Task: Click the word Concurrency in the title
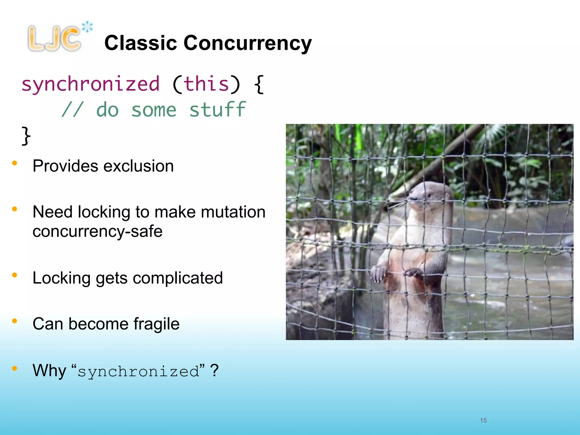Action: [x=248, y=43]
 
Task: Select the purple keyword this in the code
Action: [x=206, y=84]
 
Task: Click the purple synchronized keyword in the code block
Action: [x=91, y=85]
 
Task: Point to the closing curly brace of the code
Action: [x=26, y=136]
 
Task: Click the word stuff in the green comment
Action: [x=217, y=110]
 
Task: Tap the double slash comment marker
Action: [x=73, y=110]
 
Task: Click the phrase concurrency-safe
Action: [x=97, y=231]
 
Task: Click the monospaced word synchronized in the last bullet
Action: [x=138, y=372]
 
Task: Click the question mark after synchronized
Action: [x=215, y=370]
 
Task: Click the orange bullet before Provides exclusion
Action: [x=15, y=163]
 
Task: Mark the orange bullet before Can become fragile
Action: [x=15, y=321]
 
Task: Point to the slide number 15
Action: [x=483, y=420]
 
